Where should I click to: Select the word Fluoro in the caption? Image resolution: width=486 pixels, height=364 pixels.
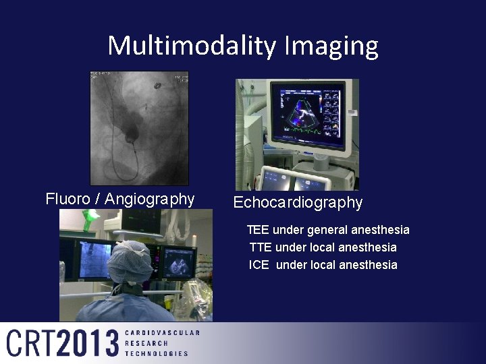(67, 199)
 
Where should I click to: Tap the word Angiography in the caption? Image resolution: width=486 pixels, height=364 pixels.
(150, 199)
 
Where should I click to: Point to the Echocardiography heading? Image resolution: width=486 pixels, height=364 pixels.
(298, 202)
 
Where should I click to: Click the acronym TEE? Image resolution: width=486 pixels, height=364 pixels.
(259, 230)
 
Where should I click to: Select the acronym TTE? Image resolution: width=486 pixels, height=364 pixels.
(260, 247)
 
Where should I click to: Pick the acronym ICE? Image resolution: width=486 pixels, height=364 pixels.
(259, 265)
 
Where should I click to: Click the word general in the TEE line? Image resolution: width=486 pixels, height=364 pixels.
(329, 230)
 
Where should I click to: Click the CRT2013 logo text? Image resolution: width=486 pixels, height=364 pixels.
(63, 343)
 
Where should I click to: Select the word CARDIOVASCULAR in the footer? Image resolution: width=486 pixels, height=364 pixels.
(162, 333)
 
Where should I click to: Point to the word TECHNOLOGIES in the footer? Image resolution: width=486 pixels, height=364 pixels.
(157, 353)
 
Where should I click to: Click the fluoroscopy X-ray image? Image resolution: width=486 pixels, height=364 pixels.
(140, 128)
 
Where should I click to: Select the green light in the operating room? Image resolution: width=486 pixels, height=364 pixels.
(90, 220)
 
